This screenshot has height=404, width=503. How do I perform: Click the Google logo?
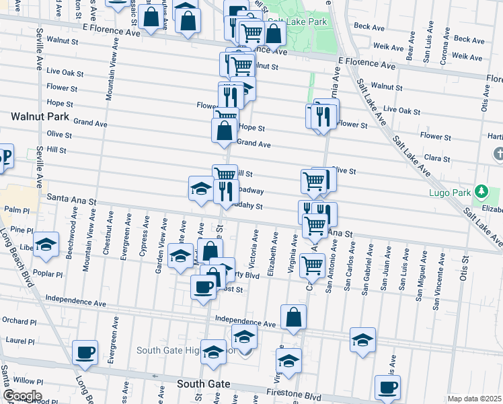(22, 396)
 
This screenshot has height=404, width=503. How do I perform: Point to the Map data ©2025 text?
(473, 399)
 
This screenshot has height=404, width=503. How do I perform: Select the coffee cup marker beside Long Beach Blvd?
(85, 352)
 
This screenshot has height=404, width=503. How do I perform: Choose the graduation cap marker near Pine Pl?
(46, 244)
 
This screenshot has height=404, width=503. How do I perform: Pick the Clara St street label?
(436, 158)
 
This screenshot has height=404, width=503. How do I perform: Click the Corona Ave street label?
(444, 48)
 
